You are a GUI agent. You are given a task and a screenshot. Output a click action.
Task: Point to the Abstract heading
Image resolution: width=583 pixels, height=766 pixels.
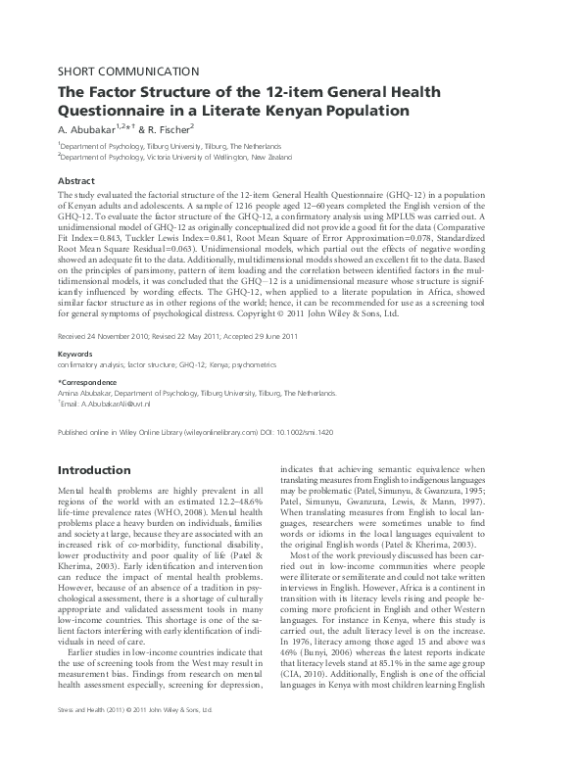tap(76, 181)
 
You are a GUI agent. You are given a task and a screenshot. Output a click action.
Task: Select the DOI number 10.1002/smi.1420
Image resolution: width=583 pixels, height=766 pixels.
tap(362, 431)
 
